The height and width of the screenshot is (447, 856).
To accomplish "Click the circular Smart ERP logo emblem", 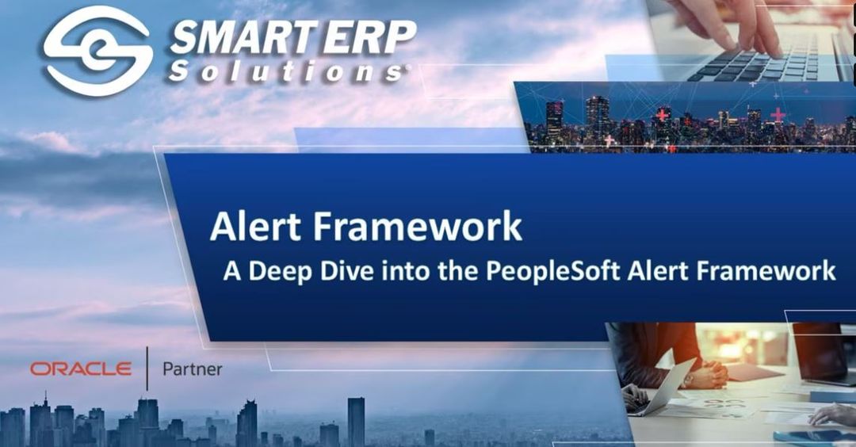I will point(97,49).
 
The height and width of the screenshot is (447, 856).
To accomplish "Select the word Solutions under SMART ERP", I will point(286,72).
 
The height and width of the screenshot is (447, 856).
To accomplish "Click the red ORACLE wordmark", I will point(81,369).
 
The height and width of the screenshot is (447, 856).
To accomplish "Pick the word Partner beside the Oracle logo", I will point(192,369).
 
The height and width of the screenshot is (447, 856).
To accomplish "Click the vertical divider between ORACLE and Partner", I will point(147,369).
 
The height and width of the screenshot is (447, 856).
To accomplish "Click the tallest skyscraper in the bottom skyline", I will point(356,421).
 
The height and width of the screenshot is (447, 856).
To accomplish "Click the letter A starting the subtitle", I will point(231,271).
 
